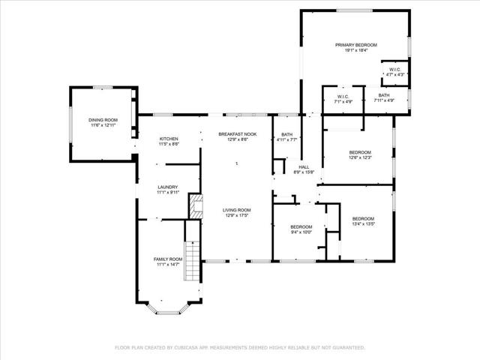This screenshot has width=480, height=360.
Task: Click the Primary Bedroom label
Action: pyautogui.click(x=355, y=46)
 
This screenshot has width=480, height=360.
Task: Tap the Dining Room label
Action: pyautogui.click(x=103, y=120)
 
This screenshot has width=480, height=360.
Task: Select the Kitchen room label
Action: pyautogui.click(x=169, y=139)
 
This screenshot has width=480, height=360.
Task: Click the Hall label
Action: pyautogui.click(x=304, y=167)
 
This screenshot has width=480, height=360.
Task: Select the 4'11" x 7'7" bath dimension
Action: pyautogui.click(x=287, y=140)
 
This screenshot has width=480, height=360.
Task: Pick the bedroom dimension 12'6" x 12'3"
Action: pyautogui.click(x=360, y=158)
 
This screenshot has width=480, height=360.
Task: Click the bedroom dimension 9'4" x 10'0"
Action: pyautogui.click(x=301, y=232)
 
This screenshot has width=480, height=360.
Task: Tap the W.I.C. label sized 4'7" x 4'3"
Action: pyautogui.click(x=395, y=75)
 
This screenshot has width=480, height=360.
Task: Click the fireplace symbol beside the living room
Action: pyautogui.click(x=196, y=206)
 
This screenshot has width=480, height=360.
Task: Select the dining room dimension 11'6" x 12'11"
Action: pyautogui.click(x=103, y=125)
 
